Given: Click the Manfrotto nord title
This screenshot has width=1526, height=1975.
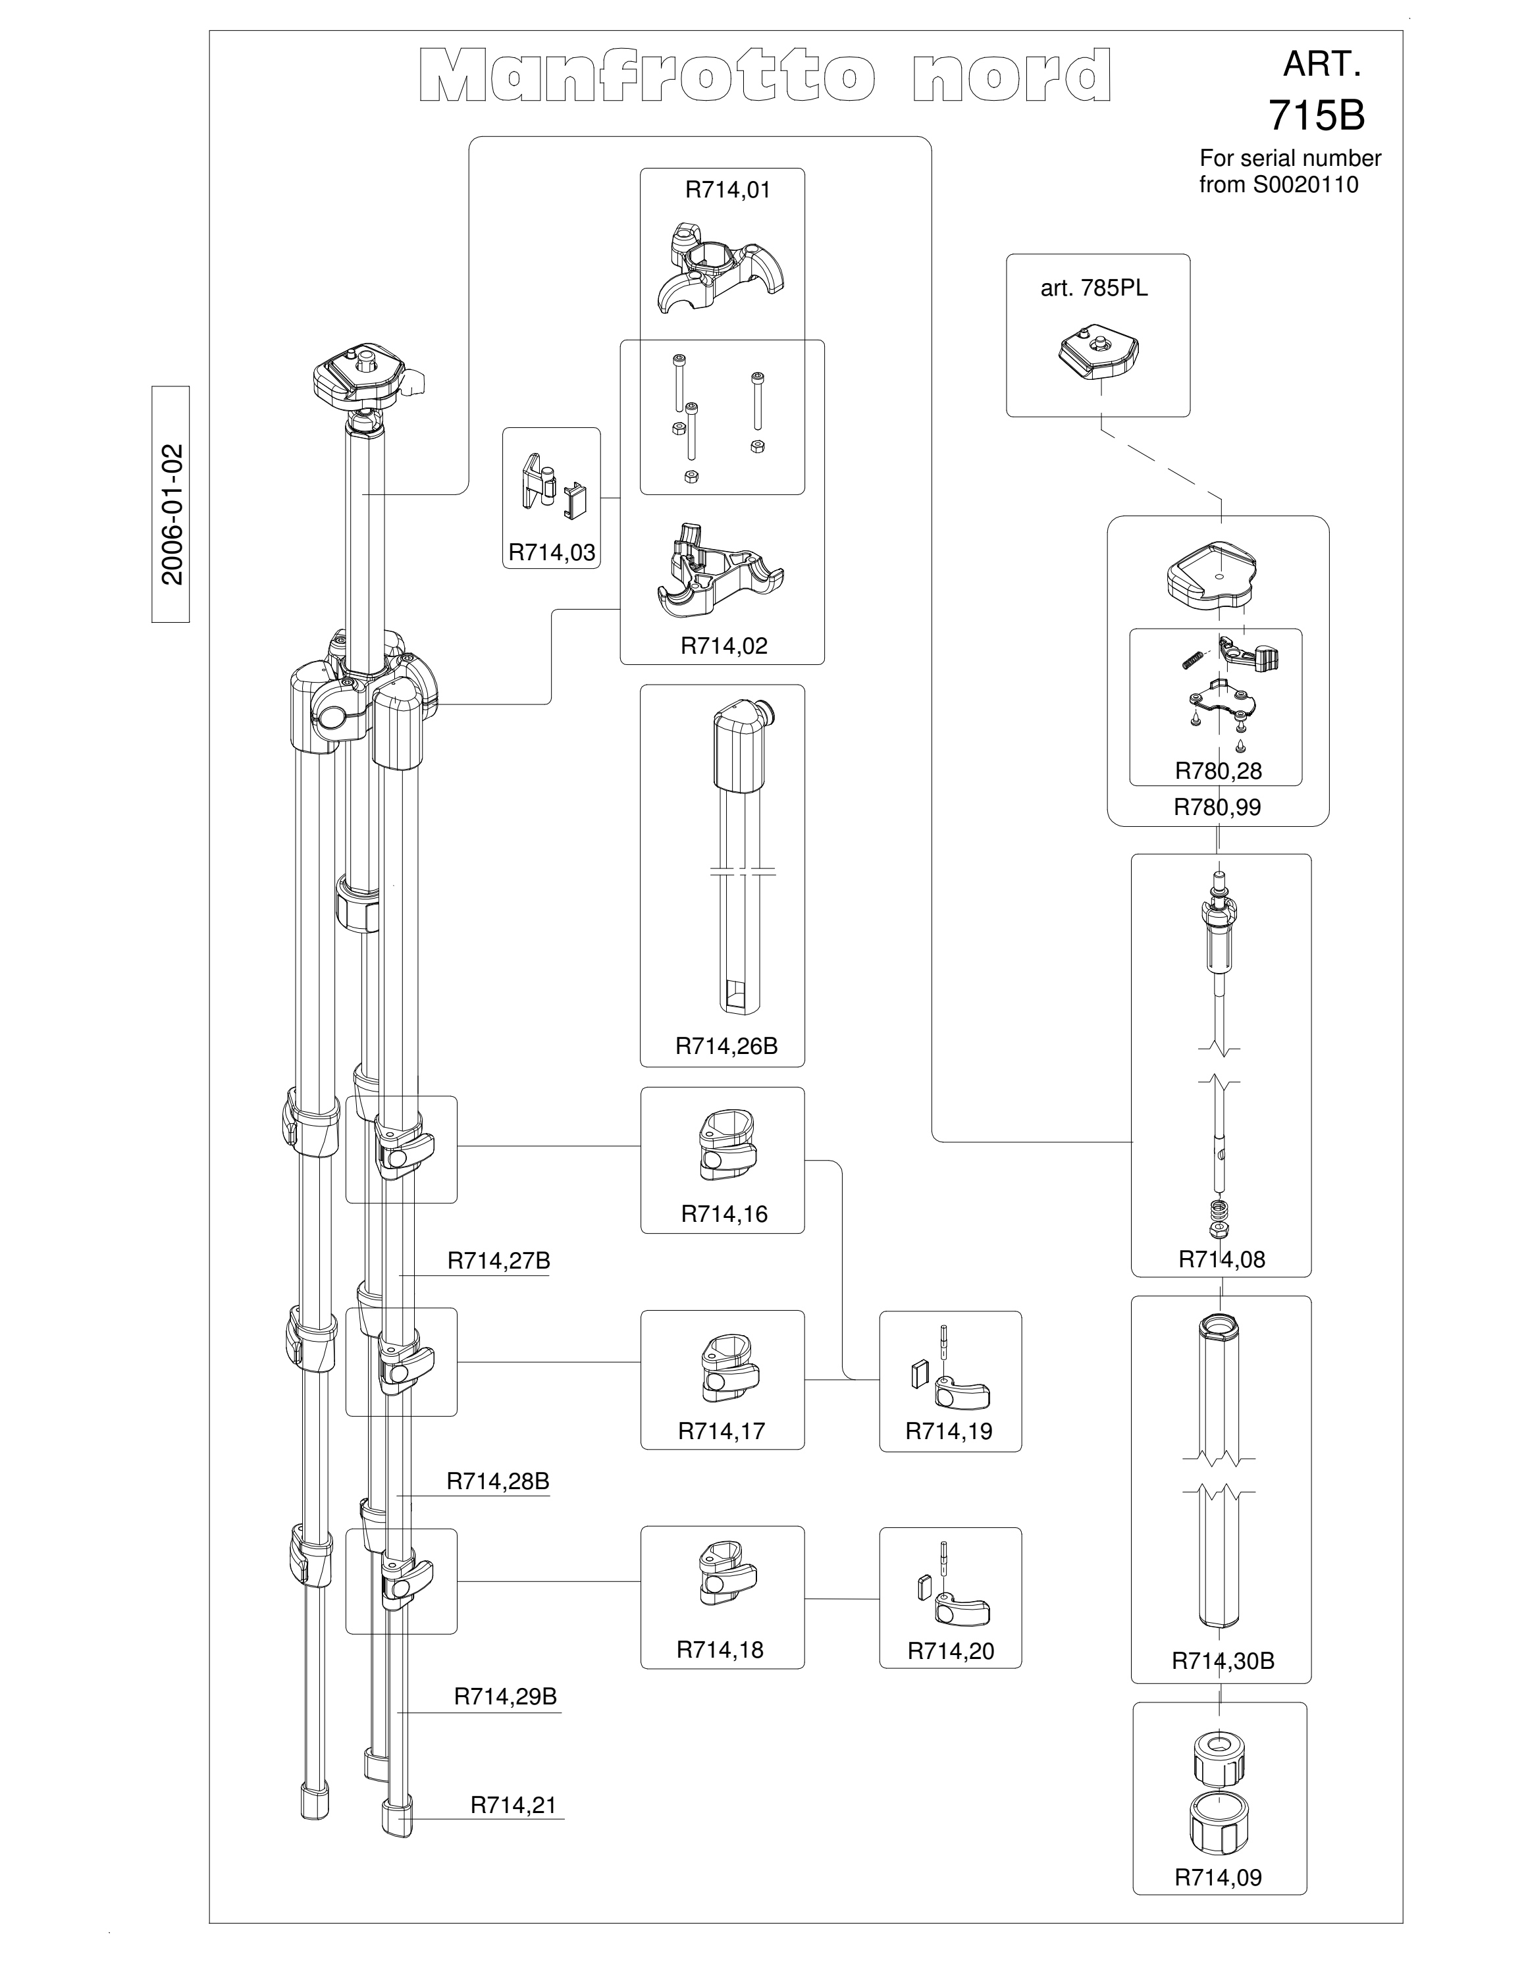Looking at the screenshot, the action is pos(765,76).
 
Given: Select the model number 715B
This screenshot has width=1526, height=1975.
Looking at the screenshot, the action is pos(1316,115).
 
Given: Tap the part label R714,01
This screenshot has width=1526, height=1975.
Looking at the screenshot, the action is pos(727,190).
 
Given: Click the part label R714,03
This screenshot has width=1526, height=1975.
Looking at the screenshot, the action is pos(552,552).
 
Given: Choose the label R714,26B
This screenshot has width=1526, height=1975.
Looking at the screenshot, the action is pos(727,1046).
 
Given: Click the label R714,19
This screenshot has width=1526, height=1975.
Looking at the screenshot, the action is pos(949,1431).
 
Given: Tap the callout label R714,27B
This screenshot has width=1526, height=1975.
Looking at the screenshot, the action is pos(499,1261).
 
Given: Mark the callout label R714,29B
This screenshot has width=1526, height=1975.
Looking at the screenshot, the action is pos(506,1697).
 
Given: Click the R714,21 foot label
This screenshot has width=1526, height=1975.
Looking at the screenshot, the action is pos(513,1805).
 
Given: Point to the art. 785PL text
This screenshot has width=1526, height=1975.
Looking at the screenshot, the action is pos(1094,288).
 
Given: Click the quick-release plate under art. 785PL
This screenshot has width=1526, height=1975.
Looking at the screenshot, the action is pos(1097,354).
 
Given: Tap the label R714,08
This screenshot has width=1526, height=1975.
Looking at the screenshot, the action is pos(1221,1259).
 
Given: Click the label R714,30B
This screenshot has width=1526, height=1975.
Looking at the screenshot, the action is pos(1223,1661).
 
